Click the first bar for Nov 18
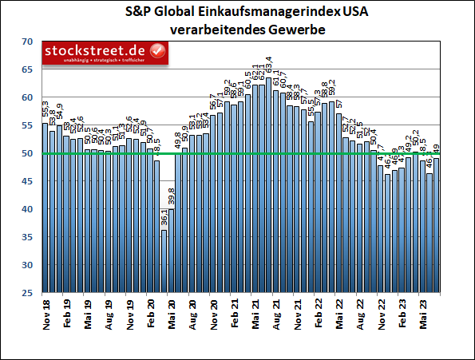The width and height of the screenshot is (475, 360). [x=46, y=208]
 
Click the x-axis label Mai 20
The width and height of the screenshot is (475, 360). [x=171, y=312]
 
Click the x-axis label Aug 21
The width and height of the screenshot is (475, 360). [x=275, y=312]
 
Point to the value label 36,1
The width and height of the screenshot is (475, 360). [x=164, y=219]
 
